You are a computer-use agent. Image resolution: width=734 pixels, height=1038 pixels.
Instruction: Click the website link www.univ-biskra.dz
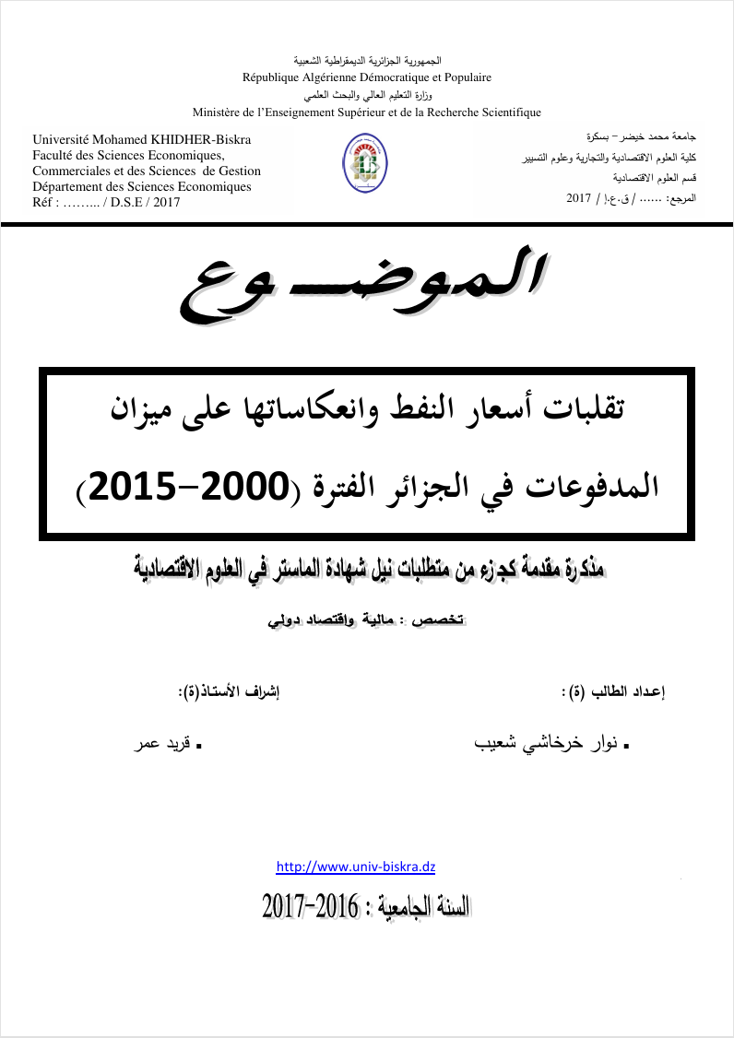click(x=356, y=867)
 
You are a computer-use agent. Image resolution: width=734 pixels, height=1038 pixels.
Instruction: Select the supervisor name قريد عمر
click(x=164, y=742)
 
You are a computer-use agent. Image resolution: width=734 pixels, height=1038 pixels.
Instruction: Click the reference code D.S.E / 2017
click(x=148, y=203)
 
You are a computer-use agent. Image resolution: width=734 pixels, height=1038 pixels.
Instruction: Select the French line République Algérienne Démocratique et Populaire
click(x=366, y=77)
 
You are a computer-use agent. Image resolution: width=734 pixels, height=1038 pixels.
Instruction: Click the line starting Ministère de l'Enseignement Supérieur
click(x=366, y=112)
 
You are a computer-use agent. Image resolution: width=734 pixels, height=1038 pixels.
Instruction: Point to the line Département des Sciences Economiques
click(x=142, y=187)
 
